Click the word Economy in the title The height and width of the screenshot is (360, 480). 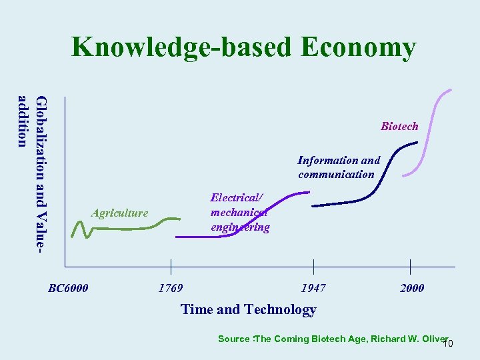pyautogui.click(x=358, y=48)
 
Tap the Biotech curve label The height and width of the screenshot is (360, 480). pyautogui.click(x=399, y=126)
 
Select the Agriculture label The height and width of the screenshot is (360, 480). pyautogui.click(x=119, y=213)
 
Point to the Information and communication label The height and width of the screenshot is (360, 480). pyautogui.click(x=338, y=167)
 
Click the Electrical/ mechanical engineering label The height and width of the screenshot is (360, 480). pyautogui.click(x=239, y=212)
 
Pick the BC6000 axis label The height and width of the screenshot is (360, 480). pyautogui.click(x=69, y=288)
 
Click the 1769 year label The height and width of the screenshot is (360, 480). pyautogui.click(x=171, y=288)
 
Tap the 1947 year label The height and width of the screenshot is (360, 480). pyautogui.click(x=313, y=288)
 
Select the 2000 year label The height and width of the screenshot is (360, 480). pyautogui.click(x=411, y=288)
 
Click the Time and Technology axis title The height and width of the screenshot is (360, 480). pyautogui.click(x=249, y=309)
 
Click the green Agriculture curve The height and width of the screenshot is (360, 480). pyautogui.click(x=133, y=228)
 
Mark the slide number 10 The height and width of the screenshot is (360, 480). pyautogui.click(x=448, y=343)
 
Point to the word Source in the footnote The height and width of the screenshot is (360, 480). pyautogui.click(x=233, y=339)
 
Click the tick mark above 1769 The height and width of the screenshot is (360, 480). pyautogui.click(x=171, y=267)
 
